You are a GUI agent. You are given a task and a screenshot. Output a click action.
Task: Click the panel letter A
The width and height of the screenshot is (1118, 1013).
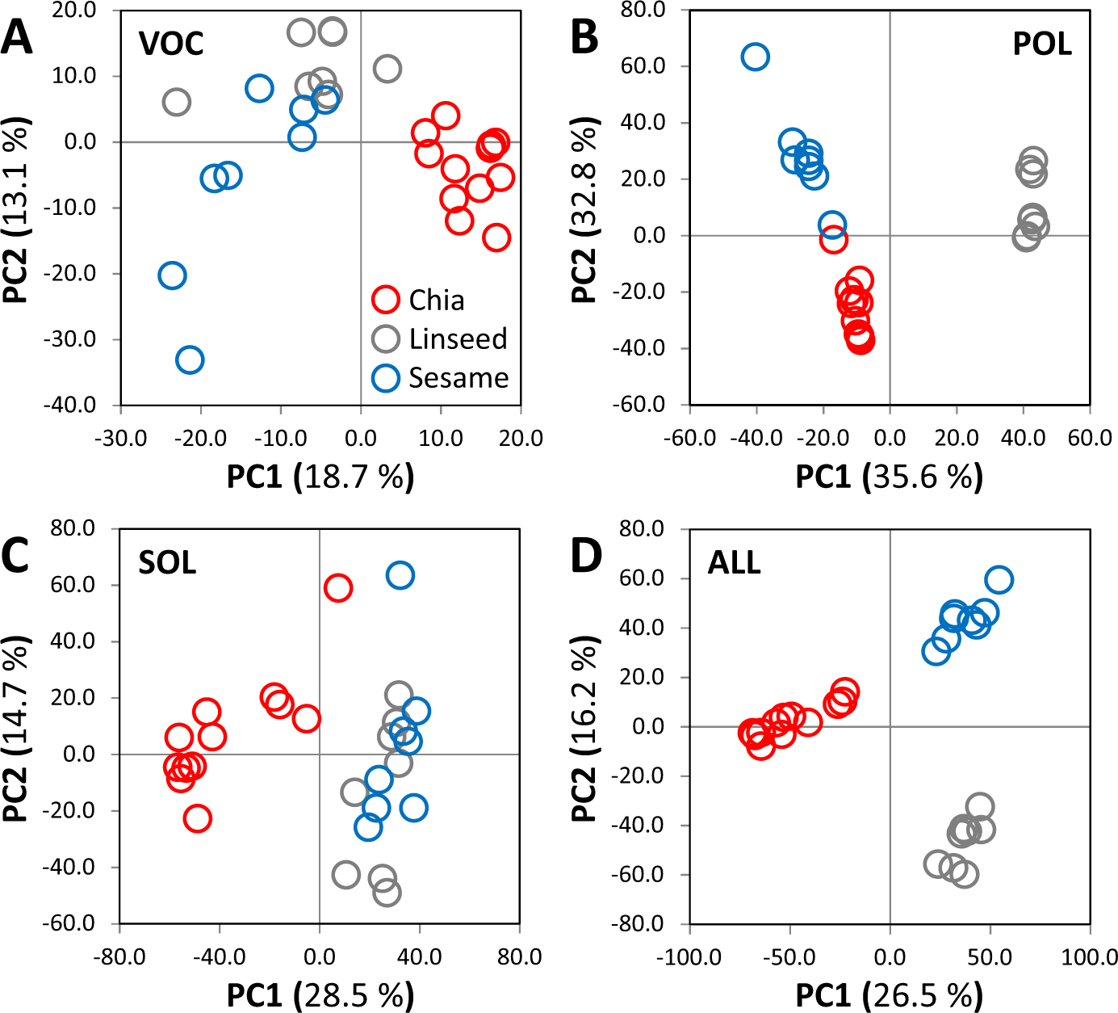[x=17, y=38]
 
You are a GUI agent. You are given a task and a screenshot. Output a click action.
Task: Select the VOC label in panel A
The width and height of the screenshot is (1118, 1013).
[x=170, y=44]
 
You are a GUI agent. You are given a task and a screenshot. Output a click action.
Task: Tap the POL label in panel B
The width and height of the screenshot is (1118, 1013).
[x=1041, y=44]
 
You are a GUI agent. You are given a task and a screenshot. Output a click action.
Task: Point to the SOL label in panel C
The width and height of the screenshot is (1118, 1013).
[x=167, y=562]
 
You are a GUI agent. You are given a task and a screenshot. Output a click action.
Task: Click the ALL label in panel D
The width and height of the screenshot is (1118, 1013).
[x=734, y=562]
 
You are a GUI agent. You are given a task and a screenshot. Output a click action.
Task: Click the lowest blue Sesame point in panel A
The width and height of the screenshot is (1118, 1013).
[x=190, y=359]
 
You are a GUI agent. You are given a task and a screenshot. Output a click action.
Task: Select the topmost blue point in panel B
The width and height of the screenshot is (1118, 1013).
[x=755, y=57]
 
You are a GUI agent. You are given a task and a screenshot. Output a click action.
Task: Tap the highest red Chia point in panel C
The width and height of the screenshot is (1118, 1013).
[x=337, y=588]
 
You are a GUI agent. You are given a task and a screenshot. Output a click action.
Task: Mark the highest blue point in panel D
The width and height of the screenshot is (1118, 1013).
[x=999, y=580]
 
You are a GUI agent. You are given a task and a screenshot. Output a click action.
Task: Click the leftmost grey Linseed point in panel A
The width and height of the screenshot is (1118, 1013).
[x=176, y=103]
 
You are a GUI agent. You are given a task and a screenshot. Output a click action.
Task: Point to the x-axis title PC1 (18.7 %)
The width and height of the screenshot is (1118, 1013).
[x=320, y=477]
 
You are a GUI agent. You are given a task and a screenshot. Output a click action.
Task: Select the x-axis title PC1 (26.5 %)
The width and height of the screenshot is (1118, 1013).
[x=889, y=995]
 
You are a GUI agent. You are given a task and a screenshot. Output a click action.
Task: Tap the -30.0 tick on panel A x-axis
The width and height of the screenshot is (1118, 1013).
[x=121, y=439]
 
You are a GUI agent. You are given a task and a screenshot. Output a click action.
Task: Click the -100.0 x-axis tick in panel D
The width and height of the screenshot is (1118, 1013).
[x=689, y=957]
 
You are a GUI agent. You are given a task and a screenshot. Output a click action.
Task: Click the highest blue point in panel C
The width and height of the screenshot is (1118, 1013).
[x=400, y=575]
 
